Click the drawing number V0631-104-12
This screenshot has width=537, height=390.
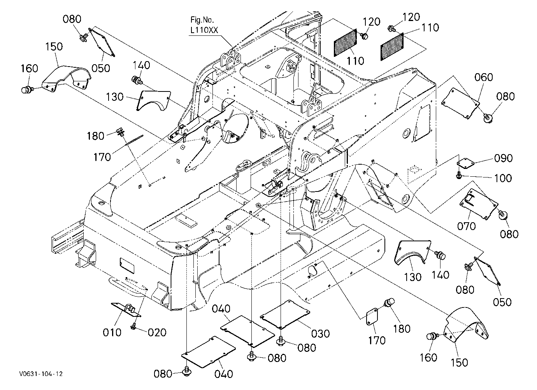tap(41, 374)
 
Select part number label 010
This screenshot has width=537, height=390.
tap(112, 332)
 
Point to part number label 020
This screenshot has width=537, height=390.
tap(157, 332)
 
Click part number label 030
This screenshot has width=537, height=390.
tap(321, 334)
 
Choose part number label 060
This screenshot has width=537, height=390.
tap(484, 77)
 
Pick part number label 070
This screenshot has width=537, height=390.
tap(466, 226)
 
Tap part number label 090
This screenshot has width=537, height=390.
tap(504, 158)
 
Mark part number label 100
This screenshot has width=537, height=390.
tap(503, 178)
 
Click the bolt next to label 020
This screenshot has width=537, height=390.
tap(133, 326)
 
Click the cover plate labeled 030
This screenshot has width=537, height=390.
tap(285, 314)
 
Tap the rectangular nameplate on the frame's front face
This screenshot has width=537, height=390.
tap(127, 265)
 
